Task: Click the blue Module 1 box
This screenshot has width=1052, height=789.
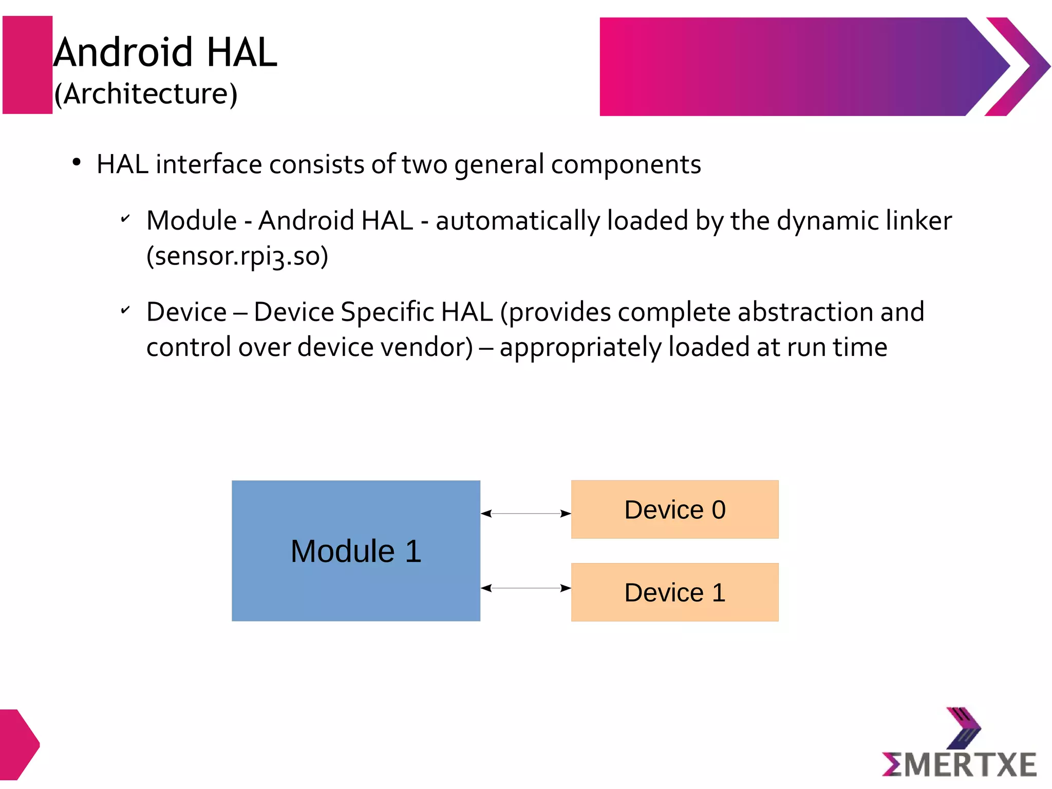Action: pyautogui.click(x=355, y=551)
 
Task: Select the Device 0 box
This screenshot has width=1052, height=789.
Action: pyautogui.click(x=674, y=510)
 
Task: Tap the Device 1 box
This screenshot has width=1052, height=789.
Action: pyautogui.click(x=674, y=592)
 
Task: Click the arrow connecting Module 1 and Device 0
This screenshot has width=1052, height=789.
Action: pyautogui.click(x=525, y=513)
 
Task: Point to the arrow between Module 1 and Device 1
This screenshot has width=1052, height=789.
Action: pyautogui.click(x=525, y=588)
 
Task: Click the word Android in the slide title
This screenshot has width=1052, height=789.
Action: pyautogui.click(x=123, y=52)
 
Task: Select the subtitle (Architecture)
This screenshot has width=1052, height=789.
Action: pyautogui.click(x=146, y=93)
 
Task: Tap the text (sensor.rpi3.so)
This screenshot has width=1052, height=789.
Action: pyautogui.click(x=237, y=256)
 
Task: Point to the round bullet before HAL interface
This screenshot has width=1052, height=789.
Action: pyautogui.click(x=77, y=163)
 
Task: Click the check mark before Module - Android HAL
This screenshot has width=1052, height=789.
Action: pyautogui.click(x=125, y=219)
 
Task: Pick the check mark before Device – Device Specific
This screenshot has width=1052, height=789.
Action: pyautogui.click(x=125, y=310)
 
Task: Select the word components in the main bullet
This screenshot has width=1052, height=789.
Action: pyautogui.click(x=626, y=164)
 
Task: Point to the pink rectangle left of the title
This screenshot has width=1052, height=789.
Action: pyautogui.click(x=27, y=65)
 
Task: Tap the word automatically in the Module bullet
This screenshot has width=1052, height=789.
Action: pyautogui.click(x=518, y=220)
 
